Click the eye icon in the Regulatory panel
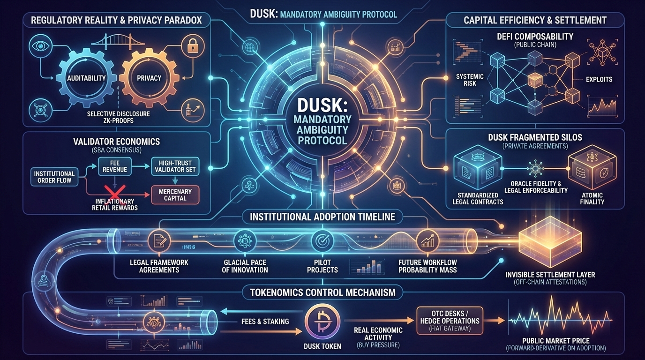(x=37, y=45)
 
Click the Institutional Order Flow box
(x=54, y=177)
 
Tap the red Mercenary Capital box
(x=175, y=195)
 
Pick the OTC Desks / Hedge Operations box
(x=449, y=321)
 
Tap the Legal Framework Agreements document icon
(x=160, y=241)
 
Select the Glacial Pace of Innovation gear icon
(x=245, y=241)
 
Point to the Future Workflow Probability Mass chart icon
(x=427, y=241)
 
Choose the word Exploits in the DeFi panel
(x=599, y=80)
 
